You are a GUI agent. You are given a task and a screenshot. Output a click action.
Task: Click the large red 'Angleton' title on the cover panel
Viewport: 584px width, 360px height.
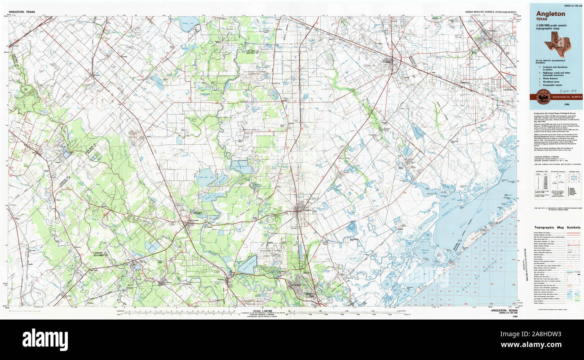point(550,14)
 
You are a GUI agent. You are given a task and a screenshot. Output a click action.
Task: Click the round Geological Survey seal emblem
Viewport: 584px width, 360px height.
point(543,96)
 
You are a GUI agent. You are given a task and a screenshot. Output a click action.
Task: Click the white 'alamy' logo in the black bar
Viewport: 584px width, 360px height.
point(45,340)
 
